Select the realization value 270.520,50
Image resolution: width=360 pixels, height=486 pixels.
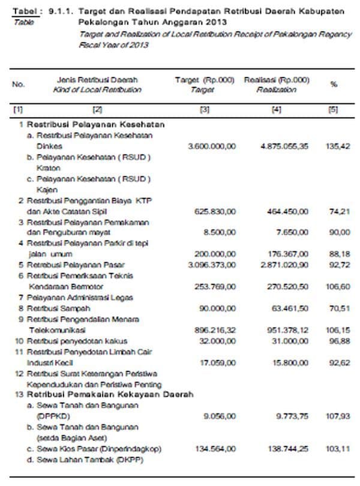[287, 287]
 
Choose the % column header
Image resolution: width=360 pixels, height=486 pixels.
[334, 85]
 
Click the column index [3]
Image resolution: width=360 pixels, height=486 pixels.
[203, 109]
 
